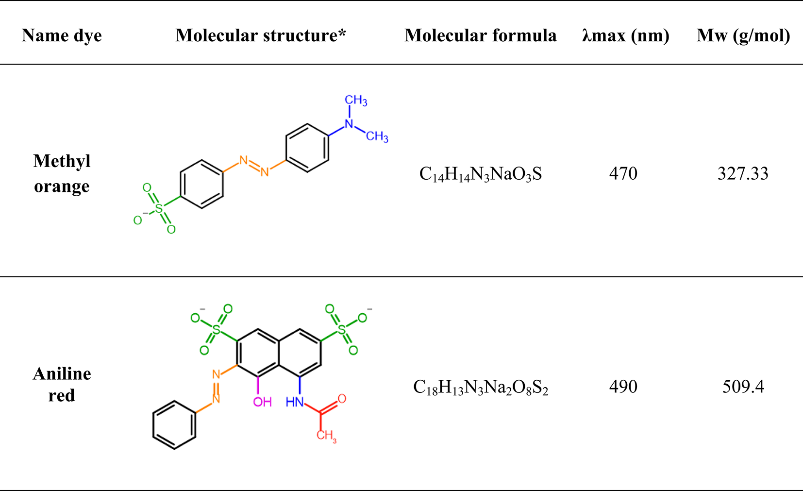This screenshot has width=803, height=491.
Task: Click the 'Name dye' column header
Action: coord(62,35)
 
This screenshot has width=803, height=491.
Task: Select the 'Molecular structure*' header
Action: coord(261,35)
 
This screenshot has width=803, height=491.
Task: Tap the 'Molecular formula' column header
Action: coord(480,35)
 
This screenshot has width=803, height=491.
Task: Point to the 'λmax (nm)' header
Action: coord(625,35)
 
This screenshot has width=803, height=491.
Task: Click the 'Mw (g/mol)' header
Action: coord(743,35)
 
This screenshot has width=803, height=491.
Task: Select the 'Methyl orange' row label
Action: coord(62,173)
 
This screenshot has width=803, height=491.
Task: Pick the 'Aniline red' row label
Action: coord(62,384)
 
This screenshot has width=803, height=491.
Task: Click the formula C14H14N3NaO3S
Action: coord(480,174)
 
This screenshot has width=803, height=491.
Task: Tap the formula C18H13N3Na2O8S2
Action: coord(480,387)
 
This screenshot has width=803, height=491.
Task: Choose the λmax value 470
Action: coord(623,173)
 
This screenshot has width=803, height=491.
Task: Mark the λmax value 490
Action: coord(623,387)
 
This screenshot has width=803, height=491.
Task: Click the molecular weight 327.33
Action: coord(743,173)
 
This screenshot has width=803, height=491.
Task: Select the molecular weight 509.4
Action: coord(743,387)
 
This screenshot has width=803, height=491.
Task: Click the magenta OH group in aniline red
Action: coord(262,402)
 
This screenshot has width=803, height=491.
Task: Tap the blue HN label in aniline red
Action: coord(295,402)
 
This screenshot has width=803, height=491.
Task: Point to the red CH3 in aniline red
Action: coord(326,435)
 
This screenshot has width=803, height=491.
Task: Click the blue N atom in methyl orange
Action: coord(349,124)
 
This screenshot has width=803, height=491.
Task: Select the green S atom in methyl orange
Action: coord(159,209)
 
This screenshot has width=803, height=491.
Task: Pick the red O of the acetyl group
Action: coord(342,399)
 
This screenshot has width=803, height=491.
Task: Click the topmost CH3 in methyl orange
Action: coord(356,100)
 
